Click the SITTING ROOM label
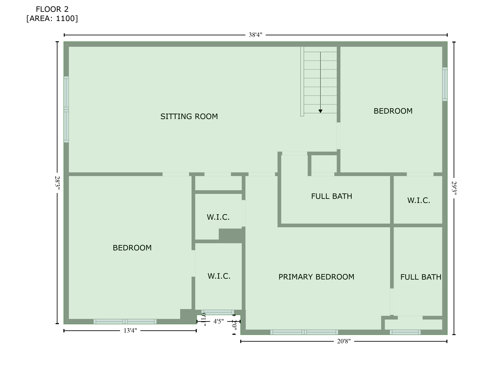[x=189, y=116]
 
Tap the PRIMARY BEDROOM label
[x=316, y=277]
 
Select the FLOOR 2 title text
[x=52, y=9]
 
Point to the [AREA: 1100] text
[x=52, y=18]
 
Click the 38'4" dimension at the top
[x=255, y=35]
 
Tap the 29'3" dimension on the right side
[x=454, y=188]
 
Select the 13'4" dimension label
[x=130, y=331]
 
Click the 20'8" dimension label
[x=344, y=342]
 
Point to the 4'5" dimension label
[x=218, y=321]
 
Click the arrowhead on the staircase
[x=320, y=111]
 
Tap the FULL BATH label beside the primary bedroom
[x=421, y=277]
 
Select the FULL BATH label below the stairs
[x=331, y=196]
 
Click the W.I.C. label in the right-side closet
[x=419, y=201]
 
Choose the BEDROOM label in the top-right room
[x=393, y=111]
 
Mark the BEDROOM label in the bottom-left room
[x=132, y=248]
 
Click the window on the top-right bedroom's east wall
[x=445, y=84]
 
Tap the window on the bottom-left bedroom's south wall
[x=125, y=322]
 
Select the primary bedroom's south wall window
[x=304, y=332]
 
